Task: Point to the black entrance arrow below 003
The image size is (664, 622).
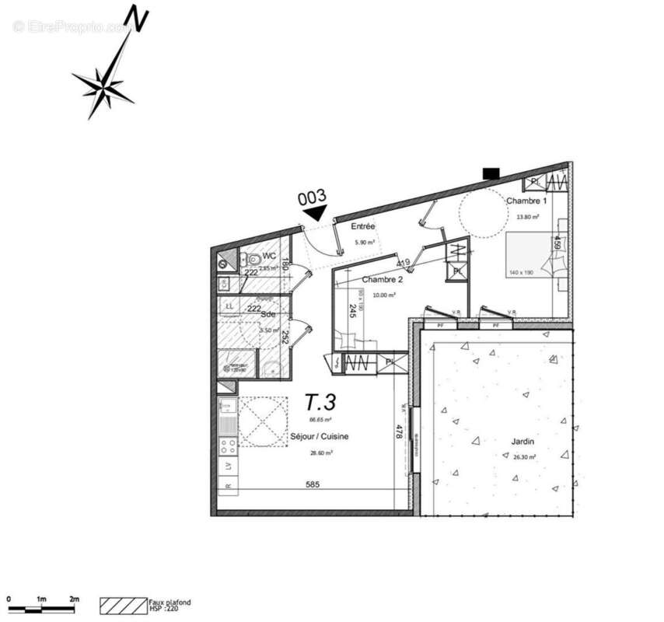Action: tap(316, 211)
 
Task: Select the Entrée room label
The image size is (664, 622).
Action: tap(363, 227)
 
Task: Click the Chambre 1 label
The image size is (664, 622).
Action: tap(526, 201)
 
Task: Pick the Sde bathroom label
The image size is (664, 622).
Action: tap(268, 315)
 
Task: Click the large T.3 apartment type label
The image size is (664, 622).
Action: tap(320, 403)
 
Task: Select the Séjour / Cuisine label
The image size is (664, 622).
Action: tap(320, 437)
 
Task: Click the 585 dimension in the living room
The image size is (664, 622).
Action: tap(313, 485)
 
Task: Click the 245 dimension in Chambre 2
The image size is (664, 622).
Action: tap(352, 312)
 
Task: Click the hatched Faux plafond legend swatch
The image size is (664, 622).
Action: tap(123, 603)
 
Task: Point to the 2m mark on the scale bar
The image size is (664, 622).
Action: tap(75, 599)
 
